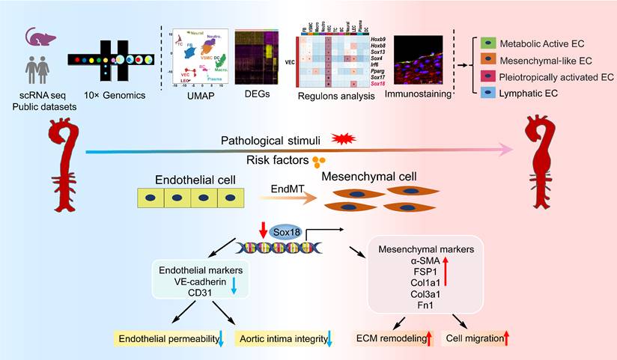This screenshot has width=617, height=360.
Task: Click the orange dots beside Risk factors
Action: point(320,161)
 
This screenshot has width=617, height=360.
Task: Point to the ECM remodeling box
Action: point(395,339)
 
